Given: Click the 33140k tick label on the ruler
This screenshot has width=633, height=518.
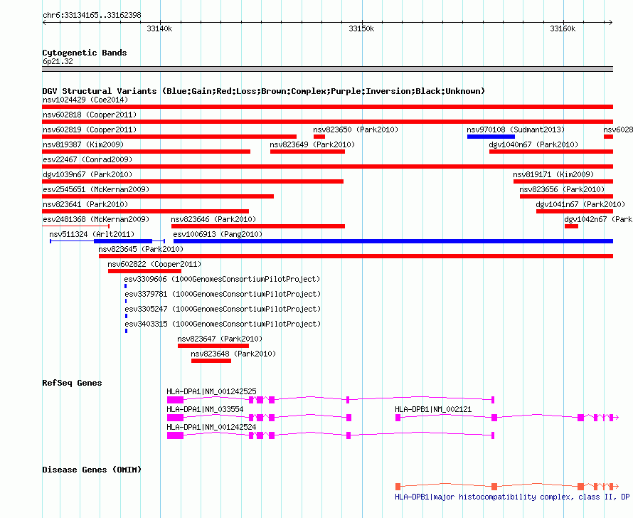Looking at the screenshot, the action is [x=159, y=28].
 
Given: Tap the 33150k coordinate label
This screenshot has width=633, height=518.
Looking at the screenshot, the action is [x=361, y=28].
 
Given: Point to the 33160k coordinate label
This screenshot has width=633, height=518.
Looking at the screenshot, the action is [x=563, y=28].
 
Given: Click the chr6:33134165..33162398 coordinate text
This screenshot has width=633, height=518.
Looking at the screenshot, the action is [x=92, y=16].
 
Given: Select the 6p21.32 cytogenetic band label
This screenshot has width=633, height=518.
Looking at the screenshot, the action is [x=58, y=61].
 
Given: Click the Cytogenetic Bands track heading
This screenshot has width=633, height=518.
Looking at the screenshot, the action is [x=85, y=53].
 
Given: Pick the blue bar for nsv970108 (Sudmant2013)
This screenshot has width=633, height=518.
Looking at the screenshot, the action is [x=491, y=137].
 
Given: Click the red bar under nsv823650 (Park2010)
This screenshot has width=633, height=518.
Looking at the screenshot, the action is [x=319, y=137].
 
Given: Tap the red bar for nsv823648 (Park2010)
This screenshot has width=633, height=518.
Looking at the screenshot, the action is [x=211, y=361].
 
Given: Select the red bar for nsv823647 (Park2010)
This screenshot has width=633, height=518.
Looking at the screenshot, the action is [x=213, y=346].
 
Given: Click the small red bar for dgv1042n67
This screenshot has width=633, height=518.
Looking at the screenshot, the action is [x=571, y=226].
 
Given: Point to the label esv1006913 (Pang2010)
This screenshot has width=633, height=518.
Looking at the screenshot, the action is [x=218, y=234].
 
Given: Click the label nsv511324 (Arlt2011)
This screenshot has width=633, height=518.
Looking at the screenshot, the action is [x=92, y=234].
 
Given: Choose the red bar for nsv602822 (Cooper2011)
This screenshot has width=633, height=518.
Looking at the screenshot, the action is [x=144, y=271].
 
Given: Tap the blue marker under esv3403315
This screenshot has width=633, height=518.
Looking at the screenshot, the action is [x=127, y=331].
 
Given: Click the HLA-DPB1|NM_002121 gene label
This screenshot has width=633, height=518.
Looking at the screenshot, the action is [x=433, y=409].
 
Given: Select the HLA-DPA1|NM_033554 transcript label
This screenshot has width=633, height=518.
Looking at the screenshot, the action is [x=205, y=409].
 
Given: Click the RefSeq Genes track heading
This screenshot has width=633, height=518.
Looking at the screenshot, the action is [x=72, y=383].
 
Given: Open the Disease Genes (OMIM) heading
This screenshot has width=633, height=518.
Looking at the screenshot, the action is [x=92, y=470].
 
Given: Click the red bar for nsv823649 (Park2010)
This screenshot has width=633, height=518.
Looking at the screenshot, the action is [x=308, y=152].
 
